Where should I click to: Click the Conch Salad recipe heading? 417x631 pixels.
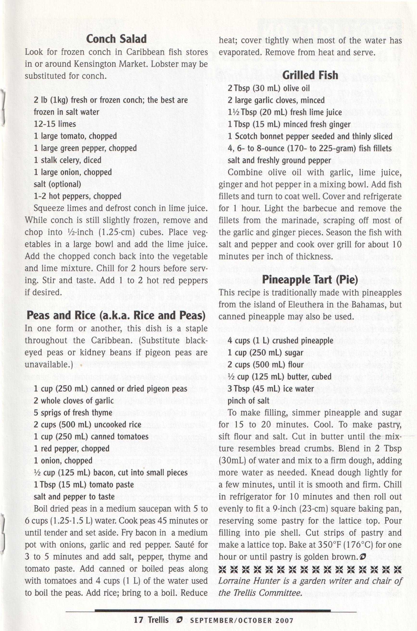point(116,39)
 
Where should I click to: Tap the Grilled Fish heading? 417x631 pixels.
point(310,75)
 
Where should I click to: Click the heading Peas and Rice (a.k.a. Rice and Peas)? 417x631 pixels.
point(116,315)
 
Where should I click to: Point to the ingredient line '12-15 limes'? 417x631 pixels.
point(55,124)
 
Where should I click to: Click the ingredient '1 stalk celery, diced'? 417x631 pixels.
point(68,160)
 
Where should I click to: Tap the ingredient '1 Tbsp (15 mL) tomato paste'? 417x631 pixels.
point(83,485)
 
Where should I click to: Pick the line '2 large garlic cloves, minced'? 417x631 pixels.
point(276,100)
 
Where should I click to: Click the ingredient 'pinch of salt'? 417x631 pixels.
point(248,400)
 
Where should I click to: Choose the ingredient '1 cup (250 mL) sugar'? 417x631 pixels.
point(265,352)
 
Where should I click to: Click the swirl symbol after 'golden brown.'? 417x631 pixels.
point(362,557)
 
